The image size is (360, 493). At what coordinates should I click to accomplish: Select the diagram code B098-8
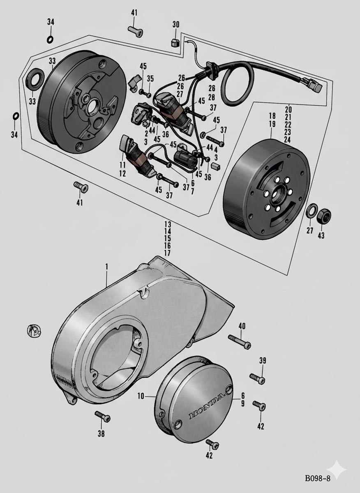[318, 479]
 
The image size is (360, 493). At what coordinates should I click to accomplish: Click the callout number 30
[176, 25]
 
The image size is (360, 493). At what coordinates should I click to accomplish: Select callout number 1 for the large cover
[106, 266]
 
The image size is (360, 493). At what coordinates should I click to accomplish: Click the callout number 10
[141, 396]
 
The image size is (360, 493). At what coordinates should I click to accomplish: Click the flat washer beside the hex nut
[312, 211]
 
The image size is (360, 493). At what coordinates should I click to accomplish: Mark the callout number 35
[150, 78]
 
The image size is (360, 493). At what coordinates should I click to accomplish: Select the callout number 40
[242, 326]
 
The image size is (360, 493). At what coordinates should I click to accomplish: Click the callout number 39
[263, 361]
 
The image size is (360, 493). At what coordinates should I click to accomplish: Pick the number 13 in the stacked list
[167, 224]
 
